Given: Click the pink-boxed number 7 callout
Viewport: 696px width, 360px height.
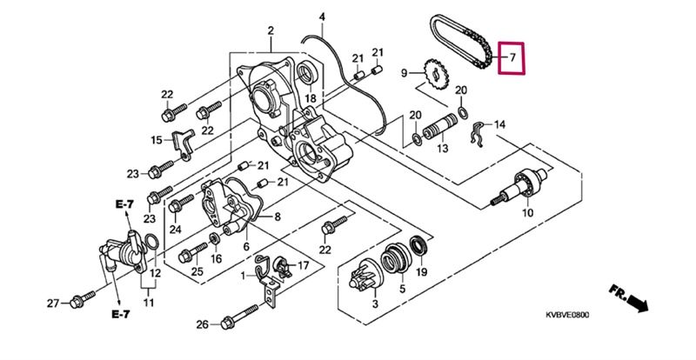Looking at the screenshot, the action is (x=512, y=58).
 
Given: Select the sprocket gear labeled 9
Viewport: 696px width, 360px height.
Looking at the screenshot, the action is (x=435, y=74).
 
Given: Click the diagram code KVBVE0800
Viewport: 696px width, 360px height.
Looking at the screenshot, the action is (x=567, y=315).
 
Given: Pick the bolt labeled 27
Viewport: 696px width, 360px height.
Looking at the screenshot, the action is (x=83, y=300).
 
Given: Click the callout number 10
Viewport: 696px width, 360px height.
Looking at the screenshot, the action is (x=527, y=213).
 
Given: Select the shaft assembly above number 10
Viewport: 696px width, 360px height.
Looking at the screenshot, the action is (x=519, y=186).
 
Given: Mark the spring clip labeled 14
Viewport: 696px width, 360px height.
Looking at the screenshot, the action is (x=478, y=133).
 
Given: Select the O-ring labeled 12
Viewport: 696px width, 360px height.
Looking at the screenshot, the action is (x=151, y=242).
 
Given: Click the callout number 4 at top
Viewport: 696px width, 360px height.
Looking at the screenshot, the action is (x=322, y=17).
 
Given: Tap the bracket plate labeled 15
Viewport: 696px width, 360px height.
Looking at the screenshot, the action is (x=183, y=143).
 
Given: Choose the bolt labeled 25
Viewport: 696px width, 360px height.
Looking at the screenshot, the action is (x=192, y=253).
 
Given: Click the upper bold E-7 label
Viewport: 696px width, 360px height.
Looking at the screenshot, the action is (x=124, y=204).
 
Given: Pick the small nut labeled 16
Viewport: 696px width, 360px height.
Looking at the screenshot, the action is (x=215, y=239).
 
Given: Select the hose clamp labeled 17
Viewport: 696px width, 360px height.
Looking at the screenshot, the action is (x=281, y=266).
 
